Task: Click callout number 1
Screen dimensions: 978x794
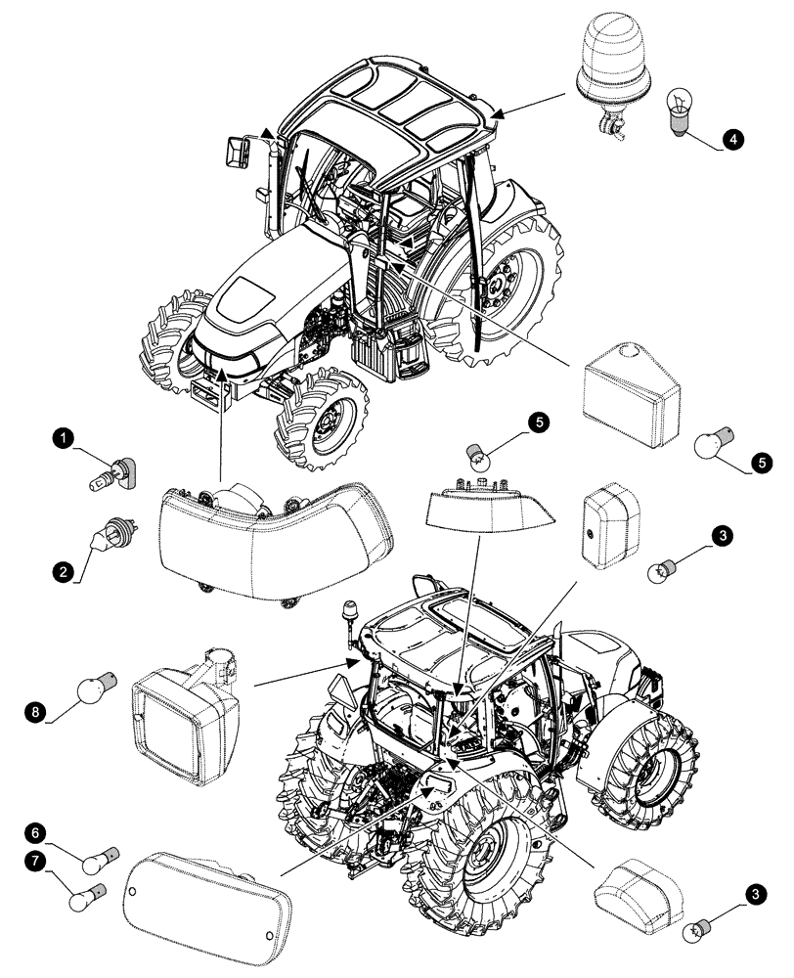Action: click(65, 441)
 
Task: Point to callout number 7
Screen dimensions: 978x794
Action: click(64, 861)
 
